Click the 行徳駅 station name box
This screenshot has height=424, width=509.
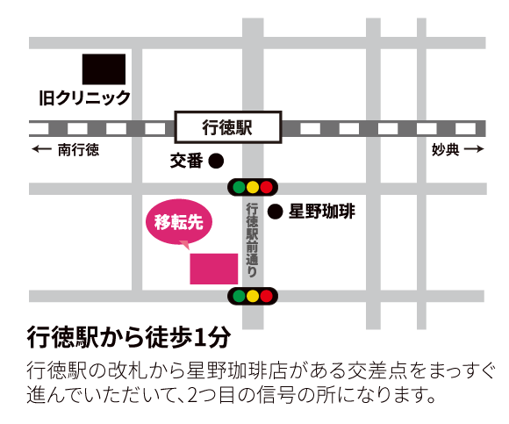(227, 128)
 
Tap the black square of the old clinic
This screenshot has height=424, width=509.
(104, 68)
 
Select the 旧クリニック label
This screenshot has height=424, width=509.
(84, 97)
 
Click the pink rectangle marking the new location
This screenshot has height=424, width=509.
(213, 269)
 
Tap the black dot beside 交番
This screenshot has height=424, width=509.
(216, 162)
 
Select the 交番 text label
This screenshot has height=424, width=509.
(186, 162)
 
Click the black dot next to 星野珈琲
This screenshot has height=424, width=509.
(274, 212)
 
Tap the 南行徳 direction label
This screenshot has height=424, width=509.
(78, 150)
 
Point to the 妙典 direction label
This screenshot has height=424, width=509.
(445, 150)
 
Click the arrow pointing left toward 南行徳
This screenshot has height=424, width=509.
(41, 150)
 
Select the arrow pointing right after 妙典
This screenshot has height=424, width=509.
(474, 150)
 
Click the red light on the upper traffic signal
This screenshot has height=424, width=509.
(267, 187)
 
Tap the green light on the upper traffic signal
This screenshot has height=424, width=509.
(239, 187)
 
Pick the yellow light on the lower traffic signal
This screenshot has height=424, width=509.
(253, 296)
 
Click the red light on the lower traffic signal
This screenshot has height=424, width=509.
(267, 296)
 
